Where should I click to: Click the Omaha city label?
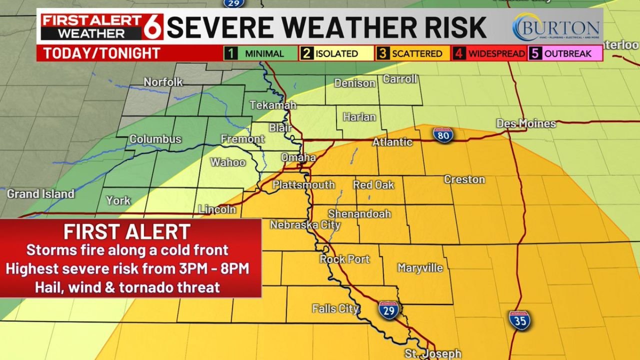(298, 157)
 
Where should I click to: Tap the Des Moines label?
(525, 123)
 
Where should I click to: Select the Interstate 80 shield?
(443, 135)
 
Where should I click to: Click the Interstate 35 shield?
(520, 320)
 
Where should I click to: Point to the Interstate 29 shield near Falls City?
(388, 310)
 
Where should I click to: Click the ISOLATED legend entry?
(336, 53)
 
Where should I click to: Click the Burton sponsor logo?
(556, 27)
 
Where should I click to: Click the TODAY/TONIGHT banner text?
(101, 53)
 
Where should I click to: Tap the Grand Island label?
(40, 193)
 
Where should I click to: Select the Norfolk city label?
(163, 82)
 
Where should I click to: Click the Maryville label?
(420, 268)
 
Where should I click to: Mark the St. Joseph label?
(433, 353)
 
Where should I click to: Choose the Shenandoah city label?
(359, 213)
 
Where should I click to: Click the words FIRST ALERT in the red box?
(127, 232)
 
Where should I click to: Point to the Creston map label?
(464, 179)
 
